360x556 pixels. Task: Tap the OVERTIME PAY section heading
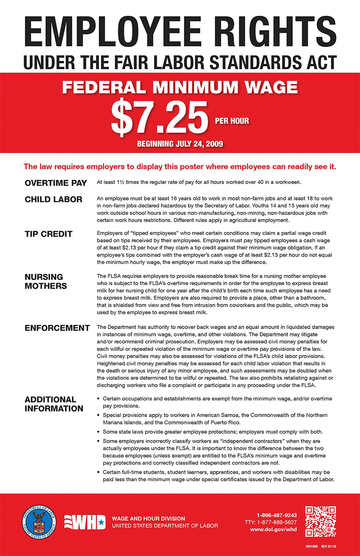56,183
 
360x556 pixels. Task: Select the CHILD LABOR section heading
53,200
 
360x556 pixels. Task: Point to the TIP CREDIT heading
48,234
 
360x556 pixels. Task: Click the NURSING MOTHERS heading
45,281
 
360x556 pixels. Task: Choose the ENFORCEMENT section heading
57,328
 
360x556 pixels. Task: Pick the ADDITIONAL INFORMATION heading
54,404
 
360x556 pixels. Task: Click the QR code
321,521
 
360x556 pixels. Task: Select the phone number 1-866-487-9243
277,515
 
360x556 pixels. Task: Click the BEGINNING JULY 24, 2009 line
180,144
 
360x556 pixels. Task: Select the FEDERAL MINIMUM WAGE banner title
180,87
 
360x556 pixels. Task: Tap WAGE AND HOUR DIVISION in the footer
148,518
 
